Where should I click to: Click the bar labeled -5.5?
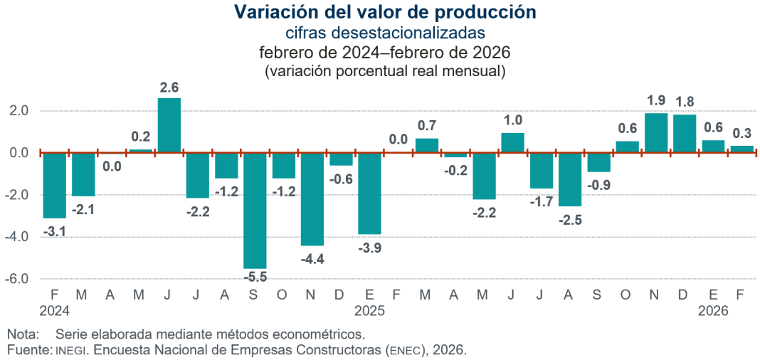point(255,210)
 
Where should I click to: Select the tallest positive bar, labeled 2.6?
point(169,125)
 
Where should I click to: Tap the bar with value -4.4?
point(312,198)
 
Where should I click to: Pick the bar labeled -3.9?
point(369,193)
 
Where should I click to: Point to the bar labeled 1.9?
point(655,133)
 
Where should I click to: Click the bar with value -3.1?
point(54,185)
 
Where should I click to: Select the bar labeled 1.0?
point(512,142)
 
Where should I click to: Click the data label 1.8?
point(685,100)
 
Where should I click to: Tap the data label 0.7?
point(427,125)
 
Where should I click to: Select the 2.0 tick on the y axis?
point(19,111)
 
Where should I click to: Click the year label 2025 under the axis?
point(369,311)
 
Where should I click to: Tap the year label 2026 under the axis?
point(713,311)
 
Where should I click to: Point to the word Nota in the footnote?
point(20,334)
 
